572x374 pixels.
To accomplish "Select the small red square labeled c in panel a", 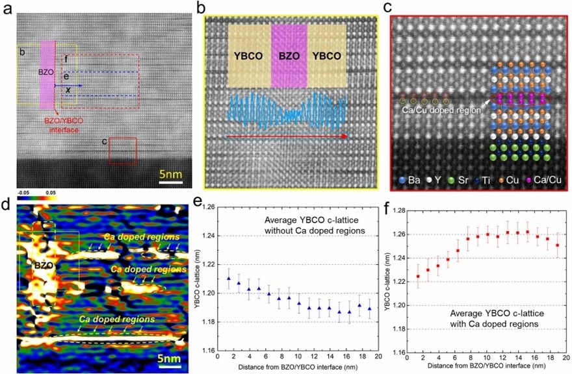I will click(122, 151).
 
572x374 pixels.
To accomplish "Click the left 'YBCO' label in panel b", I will click(247, 55).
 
